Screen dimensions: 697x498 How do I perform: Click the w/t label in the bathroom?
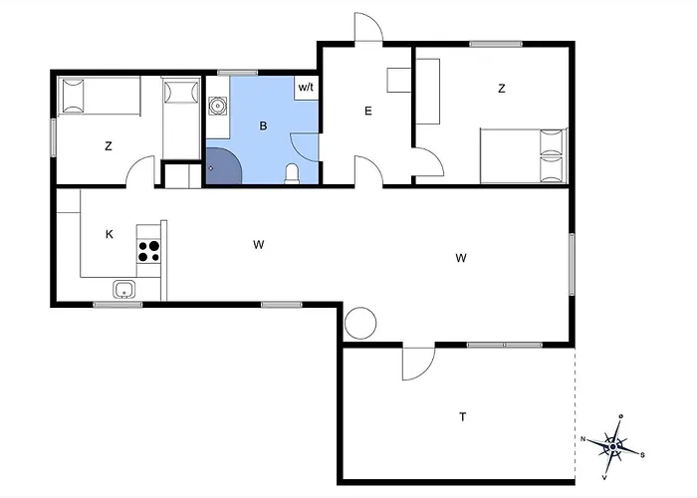306,88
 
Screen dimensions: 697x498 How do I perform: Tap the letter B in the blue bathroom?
263,126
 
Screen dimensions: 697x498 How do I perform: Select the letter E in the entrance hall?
368,111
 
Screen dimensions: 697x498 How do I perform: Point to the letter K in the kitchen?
110,234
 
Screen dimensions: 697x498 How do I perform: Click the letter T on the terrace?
463,416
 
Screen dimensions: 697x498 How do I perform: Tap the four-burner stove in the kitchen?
149,251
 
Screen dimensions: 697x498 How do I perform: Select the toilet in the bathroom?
292,174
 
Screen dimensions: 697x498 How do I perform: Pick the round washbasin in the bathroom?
217,106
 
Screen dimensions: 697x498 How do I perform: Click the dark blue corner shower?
223,166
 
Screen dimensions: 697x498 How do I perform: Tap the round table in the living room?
360,323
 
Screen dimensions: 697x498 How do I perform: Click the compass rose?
613,446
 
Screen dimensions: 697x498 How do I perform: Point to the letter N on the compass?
583,439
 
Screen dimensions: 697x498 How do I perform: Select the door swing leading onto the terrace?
418,363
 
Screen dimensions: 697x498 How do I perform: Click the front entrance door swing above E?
368,27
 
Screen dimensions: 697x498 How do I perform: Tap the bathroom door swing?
304,147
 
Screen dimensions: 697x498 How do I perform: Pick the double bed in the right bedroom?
524,155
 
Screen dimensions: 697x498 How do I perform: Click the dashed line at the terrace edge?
575,414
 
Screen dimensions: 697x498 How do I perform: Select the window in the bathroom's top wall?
237,73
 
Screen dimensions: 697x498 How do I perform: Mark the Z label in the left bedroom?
109,145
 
